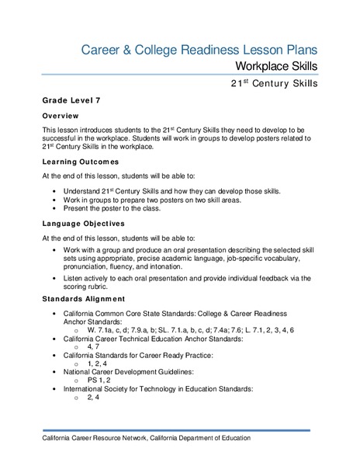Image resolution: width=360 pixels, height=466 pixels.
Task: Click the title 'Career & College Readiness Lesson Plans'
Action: point(199,50)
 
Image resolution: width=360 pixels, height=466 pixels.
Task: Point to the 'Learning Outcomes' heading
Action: point(80,162)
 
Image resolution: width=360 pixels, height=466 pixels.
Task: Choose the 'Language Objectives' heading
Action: point(83,224)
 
